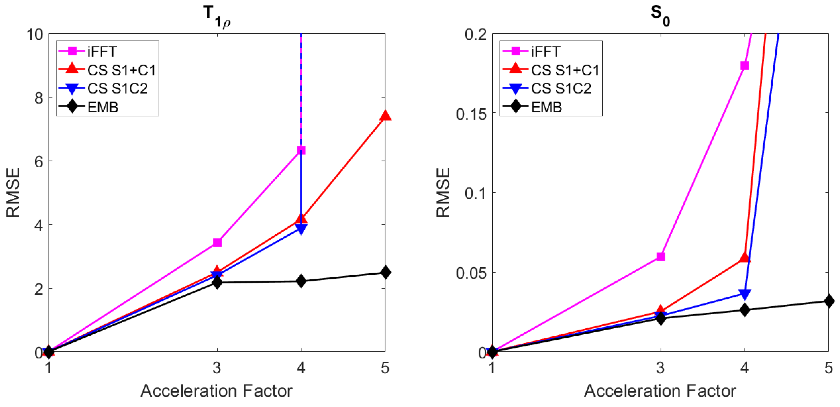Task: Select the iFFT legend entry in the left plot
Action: (102, 51)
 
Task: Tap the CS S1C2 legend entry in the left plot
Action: (117, 88)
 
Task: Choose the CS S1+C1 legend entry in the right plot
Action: (565, 70)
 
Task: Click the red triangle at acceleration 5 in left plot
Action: (385, 116)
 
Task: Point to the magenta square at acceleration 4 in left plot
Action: (301, 150)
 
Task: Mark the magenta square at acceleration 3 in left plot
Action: (217, 243)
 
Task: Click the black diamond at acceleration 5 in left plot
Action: (385, 272)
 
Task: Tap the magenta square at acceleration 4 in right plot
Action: (744, 66)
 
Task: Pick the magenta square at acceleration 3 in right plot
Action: (661, 257)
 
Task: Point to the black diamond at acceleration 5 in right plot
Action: (829, 301)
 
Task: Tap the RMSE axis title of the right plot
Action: (443, 192)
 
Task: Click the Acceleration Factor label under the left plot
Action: (217, 391)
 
